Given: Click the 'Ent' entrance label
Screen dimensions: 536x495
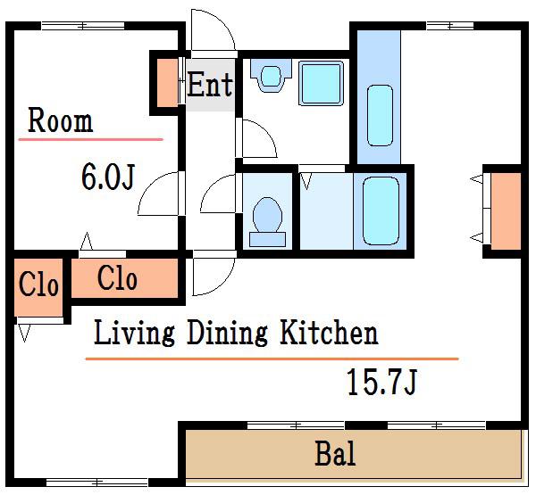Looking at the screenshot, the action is (210, 84).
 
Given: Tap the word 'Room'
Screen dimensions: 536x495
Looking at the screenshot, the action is (60, 120).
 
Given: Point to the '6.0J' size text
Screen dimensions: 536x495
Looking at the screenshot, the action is (108, 177).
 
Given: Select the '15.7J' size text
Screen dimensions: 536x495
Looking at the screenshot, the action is (381, 382).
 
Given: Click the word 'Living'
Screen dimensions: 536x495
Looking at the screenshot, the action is (134, 332).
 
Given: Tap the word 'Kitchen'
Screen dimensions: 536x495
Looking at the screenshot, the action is (329, 332).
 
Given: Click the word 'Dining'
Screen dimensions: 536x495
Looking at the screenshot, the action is (227, 332).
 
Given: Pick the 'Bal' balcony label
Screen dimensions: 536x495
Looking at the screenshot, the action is (335, 453).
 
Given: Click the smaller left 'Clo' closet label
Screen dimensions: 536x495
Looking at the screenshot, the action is (38, 284).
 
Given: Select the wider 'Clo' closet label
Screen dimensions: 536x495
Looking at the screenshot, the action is (117, 278).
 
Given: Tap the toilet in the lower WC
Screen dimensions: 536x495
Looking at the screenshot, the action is (267, 222).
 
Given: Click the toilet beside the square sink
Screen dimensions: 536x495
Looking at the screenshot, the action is (271, 76).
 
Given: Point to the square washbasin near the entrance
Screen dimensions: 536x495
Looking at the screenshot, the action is (321, 83).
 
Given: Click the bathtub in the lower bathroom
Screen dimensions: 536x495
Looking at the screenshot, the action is (381, 210).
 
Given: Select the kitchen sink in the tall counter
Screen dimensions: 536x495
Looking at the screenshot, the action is (380, 115).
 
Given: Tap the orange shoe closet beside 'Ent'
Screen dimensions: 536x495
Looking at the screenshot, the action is (167, 83).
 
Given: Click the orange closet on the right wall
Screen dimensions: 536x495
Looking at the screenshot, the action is (506, 210).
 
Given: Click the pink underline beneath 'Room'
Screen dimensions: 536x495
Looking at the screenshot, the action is (91, 139).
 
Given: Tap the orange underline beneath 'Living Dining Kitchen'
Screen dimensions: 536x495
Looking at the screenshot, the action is (272, 359).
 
